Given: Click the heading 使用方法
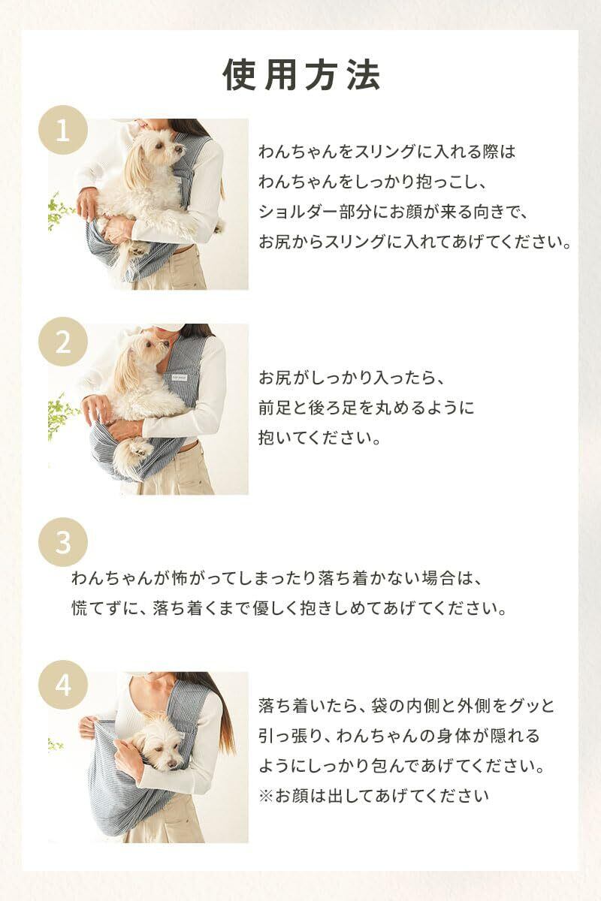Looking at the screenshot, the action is point(301,76).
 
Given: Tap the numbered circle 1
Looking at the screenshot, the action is point(63,130).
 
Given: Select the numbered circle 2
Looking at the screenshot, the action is point(63,342).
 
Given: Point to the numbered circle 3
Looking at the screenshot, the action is point(63,542).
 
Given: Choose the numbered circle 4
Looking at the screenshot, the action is point(63,685).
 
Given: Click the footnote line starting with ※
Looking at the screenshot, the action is point(373,796).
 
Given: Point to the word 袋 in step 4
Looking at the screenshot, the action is point(379,706).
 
